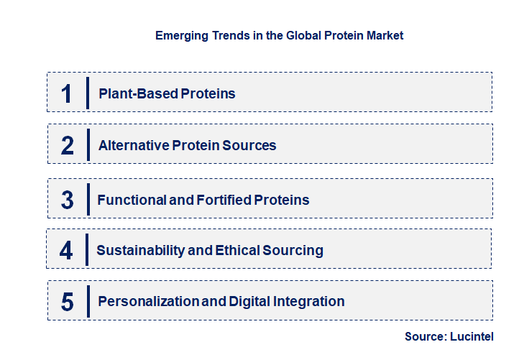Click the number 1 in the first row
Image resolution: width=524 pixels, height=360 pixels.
66,93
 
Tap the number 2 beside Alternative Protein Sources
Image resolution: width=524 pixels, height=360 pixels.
68,145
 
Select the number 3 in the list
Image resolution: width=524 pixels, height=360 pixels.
68,200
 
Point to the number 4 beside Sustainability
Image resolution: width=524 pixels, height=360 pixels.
66,251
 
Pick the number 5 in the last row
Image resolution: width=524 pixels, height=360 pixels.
68,302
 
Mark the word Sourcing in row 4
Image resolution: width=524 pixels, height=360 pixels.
295,251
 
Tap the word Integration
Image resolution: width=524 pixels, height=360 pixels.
309,302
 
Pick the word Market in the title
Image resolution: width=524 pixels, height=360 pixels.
385,35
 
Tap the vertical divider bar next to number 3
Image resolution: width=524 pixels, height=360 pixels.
87,199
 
